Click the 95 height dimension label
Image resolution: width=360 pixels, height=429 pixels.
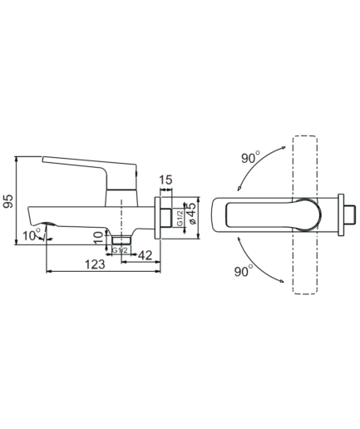(8, 201)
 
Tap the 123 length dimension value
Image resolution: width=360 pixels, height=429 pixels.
(95, 264)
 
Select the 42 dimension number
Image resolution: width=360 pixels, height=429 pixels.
(145, 255)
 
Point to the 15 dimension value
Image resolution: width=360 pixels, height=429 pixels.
(166, 180)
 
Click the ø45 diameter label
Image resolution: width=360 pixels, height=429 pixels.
(191, 213)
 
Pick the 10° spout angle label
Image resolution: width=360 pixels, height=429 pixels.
(32, 236)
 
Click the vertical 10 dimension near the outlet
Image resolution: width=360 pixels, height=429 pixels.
(98, 238)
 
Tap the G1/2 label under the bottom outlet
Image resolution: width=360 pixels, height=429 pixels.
(120, 250)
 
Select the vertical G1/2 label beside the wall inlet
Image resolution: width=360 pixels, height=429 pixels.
(180, 219)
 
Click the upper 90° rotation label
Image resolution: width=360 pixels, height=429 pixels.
(251, 157)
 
